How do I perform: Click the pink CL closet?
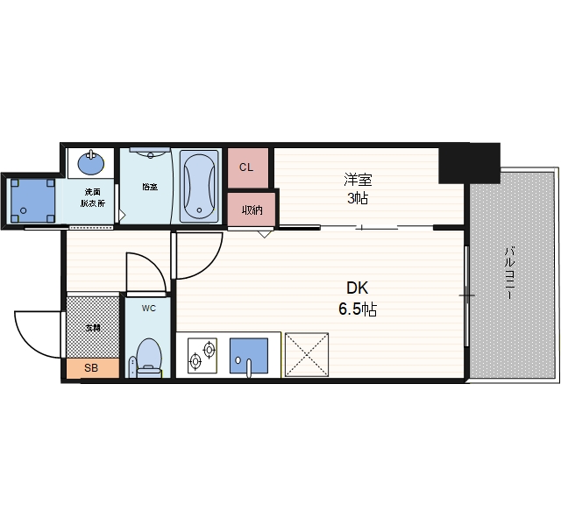(246, 167)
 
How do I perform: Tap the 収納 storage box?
(252, 210)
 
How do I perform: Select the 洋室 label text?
(357, 181)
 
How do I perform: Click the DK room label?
(356, 288)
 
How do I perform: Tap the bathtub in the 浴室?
(199, 185)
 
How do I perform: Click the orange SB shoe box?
(91, 368)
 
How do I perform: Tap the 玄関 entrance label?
(92, 327)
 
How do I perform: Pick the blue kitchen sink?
(248, 354)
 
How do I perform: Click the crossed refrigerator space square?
(306, 354)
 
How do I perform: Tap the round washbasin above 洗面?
(90, 164)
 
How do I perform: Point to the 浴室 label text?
(149, 186)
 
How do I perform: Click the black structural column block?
(469, 162)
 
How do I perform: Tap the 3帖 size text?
(357, 199)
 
